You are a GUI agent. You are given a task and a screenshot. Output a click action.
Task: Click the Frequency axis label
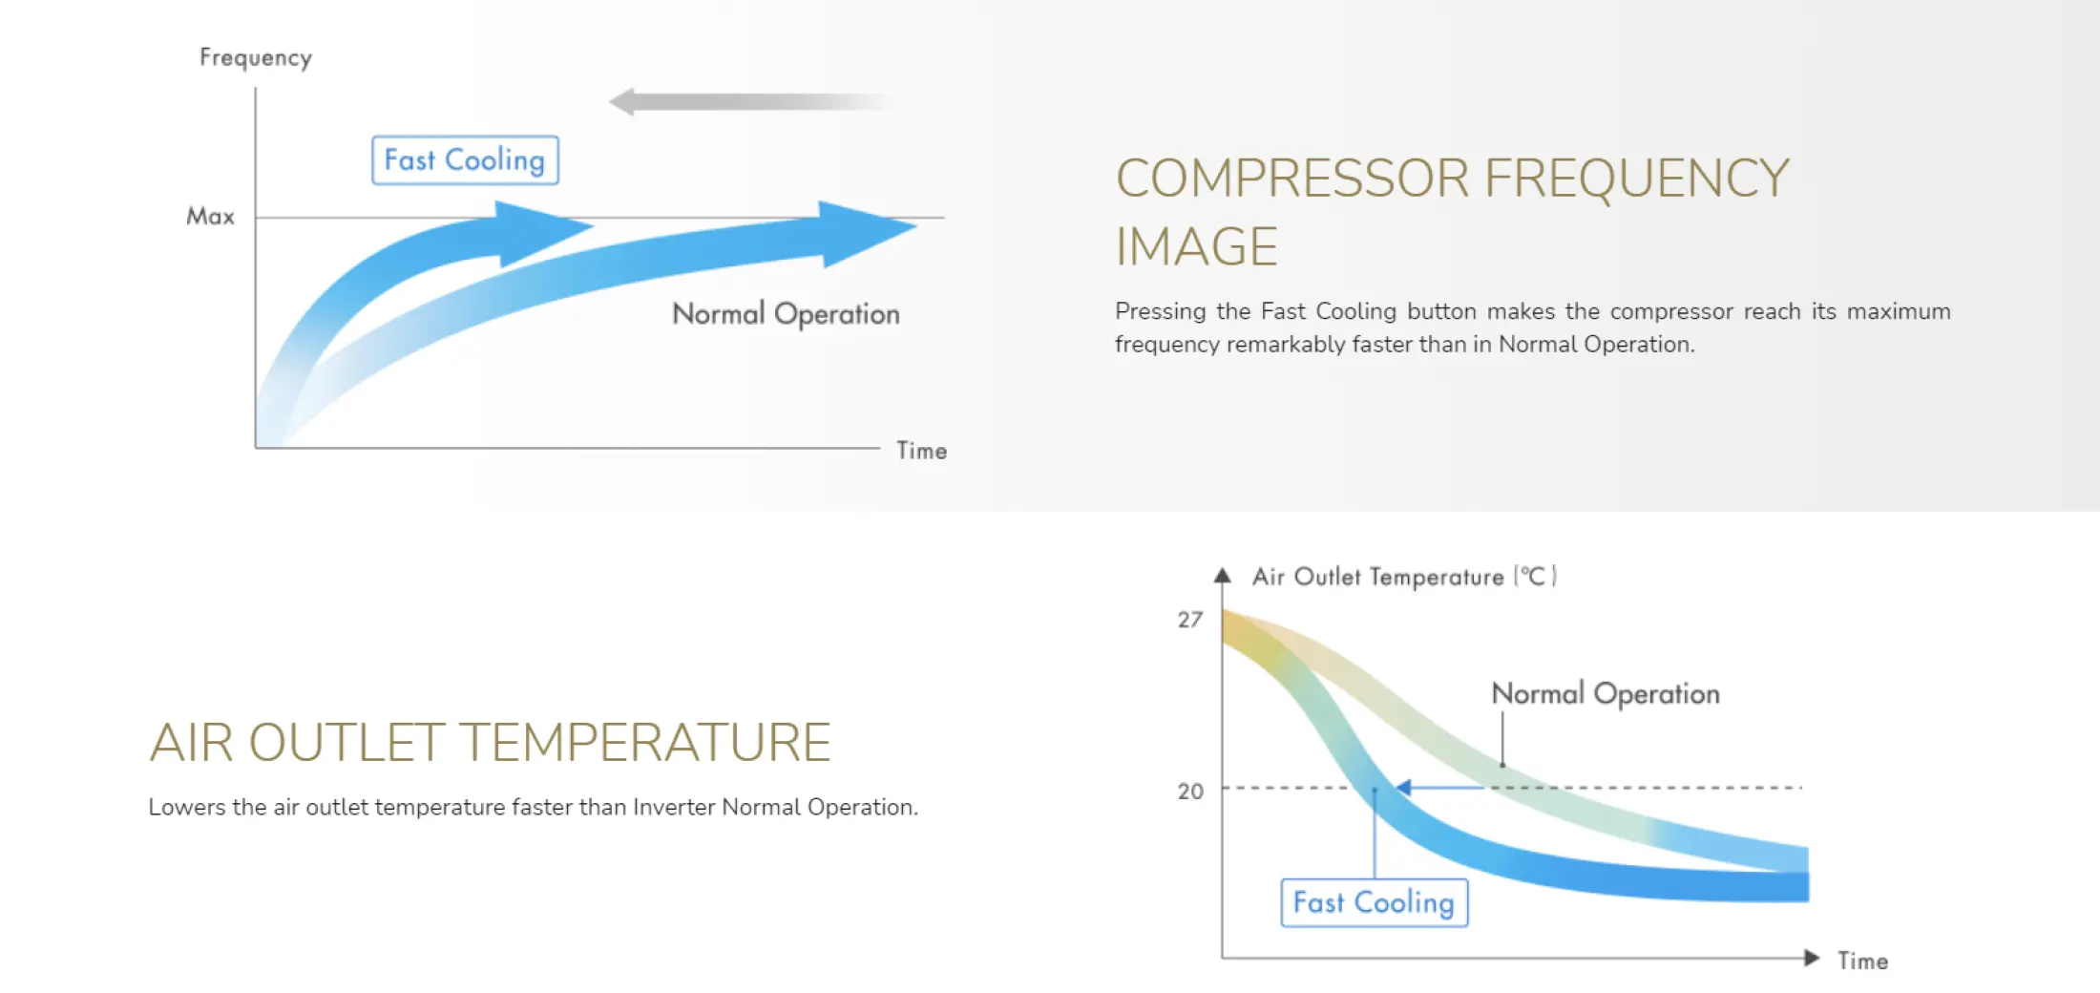[256, 58]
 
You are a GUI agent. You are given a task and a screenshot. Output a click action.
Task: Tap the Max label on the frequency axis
[210, 217]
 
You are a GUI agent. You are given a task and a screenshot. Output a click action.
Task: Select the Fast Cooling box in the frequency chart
[465, 160]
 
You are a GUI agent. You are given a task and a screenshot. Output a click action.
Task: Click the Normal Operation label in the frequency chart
[786, 314]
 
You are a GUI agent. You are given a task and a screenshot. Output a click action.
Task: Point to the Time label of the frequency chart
[921, 451]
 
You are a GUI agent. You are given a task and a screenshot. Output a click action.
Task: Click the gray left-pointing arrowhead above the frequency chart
[621, 101]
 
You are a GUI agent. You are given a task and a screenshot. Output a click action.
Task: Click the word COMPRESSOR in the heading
[1292, 179]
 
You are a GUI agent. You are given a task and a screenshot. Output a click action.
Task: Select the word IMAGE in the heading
[1196, 247]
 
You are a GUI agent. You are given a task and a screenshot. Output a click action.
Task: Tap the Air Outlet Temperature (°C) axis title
[1404, 577]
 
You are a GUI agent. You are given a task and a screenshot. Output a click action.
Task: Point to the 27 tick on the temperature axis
[1190, 620]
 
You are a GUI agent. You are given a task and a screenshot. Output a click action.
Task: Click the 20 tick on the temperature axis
[1190, 791]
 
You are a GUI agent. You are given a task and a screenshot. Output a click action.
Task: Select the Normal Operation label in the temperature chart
[1606, 694]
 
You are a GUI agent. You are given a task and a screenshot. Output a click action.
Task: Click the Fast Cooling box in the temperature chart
[1374, 902]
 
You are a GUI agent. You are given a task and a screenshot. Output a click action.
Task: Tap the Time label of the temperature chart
[1863, 961]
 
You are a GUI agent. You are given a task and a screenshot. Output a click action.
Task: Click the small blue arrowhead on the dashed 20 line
[1402, 788]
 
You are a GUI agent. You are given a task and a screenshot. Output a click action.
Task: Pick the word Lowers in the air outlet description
[186, 808]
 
